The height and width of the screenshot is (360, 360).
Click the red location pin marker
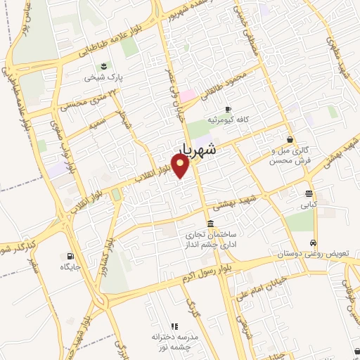pyautogui.click(x=181, y=165)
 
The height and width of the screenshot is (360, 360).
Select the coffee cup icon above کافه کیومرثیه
pyautogui.click(x=227, y=109)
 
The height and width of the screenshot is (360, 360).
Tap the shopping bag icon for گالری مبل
pyautogui.click(x=290, y=139)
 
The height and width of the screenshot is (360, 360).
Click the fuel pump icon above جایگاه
pyautogui.click(x=69, y=256)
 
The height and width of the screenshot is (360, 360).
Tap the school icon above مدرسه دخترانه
pyautogui.click(x=174, y=327)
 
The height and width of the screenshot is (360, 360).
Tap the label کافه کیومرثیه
pyautogui.click(x=228, y=120)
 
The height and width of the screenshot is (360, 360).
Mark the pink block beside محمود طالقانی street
pyautogui.click(x=187, y=95)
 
